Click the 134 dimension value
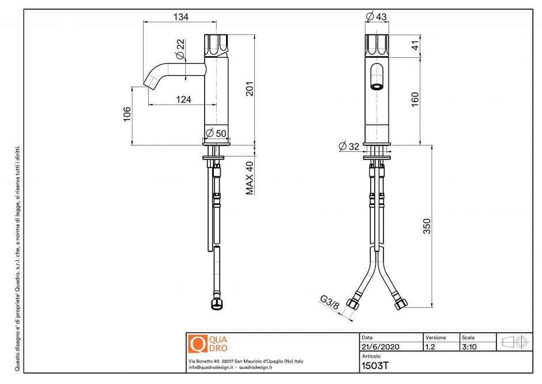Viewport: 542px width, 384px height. (x=180, y=17)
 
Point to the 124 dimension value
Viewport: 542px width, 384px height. (x=183, y=99)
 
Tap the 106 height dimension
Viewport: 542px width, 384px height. (x=127, y=115)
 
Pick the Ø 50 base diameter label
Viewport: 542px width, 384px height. (x=216, y=133)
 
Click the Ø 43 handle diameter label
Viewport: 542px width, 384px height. (x=377, y=17)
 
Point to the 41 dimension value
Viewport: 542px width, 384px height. (x=415, y=46)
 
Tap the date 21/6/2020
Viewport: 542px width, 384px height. (x=379, y=347)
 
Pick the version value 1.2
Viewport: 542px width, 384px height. (x=430, y=347)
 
